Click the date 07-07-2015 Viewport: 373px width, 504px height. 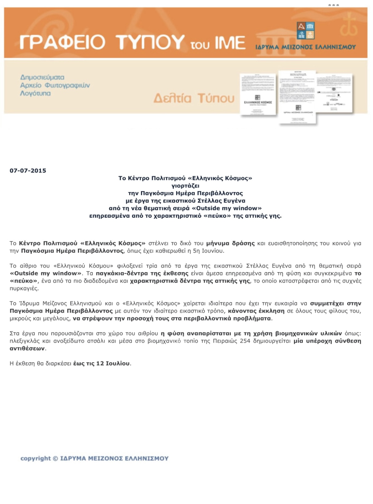tap(28, 171)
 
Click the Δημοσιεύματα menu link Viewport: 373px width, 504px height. tap(42, 77)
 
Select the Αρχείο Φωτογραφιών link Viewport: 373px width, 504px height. tap(55, 85)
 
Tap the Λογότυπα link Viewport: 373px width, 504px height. tap(35, 93)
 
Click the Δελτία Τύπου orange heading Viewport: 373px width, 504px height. tap(194, 98)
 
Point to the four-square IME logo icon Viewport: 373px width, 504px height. tap(305, 30)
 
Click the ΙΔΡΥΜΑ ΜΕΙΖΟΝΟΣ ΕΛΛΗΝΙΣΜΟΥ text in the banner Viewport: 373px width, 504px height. tap(305, 47)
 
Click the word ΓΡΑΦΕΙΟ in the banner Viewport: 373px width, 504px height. tap(62, 42)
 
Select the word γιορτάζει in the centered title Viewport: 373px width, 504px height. tap(185, 186)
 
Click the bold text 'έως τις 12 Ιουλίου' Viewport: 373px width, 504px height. tap(101, 364)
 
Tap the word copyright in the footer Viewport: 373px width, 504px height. tap(35, 458)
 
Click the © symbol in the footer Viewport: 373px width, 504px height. tap(55, 458)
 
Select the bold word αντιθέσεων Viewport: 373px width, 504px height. tap(27, 349)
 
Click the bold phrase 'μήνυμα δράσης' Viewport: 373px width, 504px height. tap(230, 243)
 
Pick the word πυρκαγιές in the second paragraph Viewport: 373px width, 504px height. tap(24, 288)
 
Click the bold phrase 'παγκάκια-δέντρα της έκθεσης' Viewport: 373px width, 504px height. tap(142, 273)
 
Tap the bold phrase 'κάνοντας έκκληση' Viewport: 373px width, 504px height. tap(256, 311)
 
